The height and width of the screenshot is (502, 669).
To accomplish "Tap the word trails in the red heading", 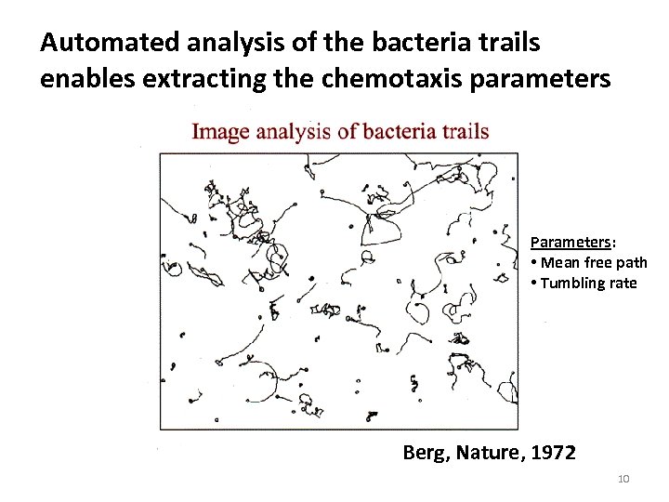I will [466, 131].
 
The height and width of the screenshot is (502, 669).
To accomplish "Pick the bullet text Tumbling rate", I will [587, 283].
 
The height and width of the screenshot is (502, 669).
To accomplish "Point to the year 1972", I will [554, 453].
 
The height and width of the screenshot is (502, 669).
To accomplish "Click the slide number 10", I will [623, 478].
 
